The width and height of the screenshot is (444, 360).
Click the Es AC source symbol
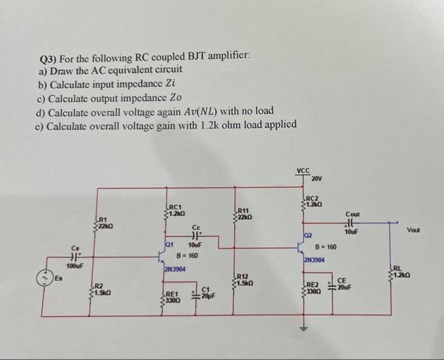[x=47, y=277]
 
